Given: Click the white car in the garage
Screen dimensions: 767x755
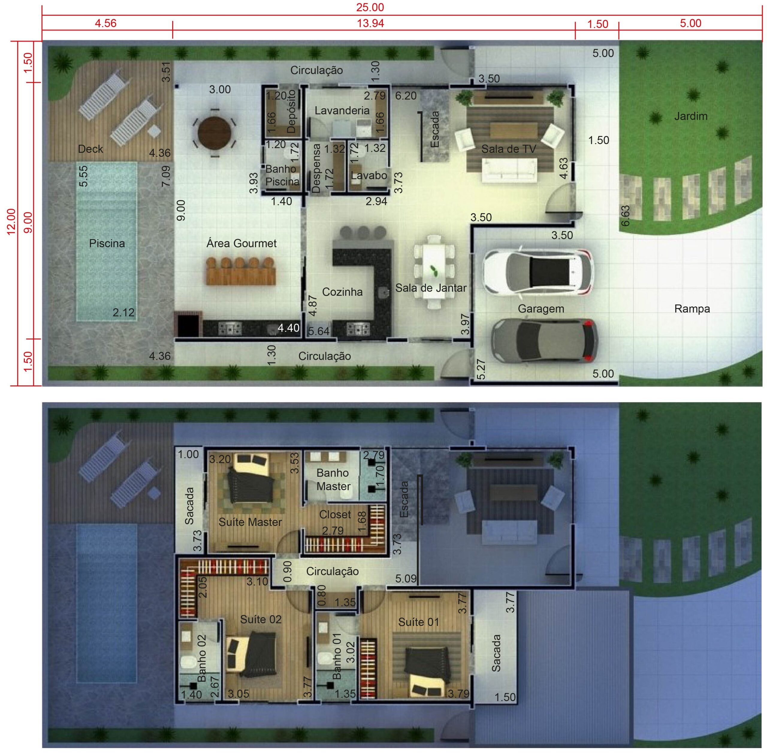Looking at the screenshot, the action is [x=538, y=272].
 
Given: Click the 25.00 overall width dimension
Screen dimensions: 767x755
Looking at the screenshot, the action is [x=370, y=7].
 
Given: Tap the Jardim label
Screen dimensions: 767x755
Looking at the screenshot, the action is [x=691, y=116].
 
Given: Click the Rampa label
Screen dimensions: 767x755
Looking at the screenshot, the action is [x=692, y=309].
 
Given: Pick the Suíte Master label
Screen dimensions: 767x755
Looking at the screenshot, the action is [x=250, y=522].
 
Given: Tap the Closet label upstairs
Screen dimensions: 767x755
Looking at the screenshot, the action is [x=335, y=514].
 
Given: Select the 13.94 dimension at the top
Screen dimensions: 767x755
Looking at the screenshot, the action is [x=370, y=23].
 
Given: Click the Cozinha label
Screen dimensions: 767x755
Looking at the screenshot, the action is [x=342, y=292].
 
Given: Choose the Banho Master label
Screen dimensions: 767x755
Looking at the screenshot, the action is [x=333, y=479].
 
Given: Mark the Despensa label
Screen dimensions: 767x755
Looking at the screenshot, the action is [x=316, y=168].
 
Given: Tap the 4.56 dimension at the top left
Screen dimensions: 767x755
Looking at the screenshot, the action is [x=105, y=23].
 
